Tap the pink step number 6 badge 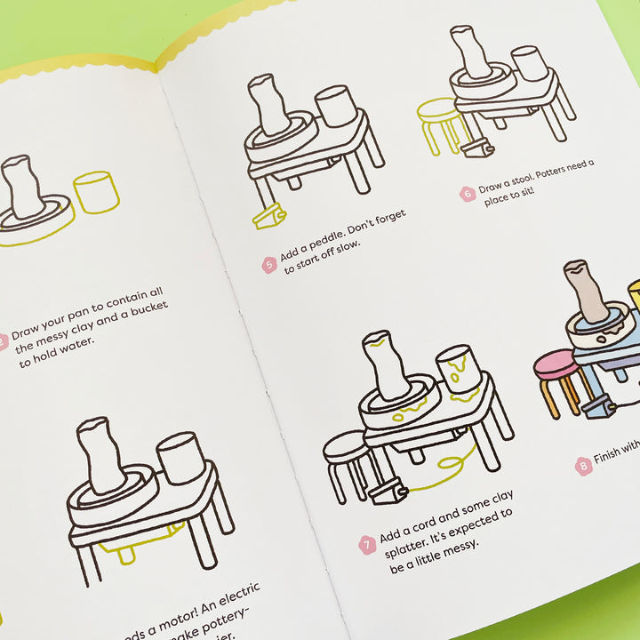467,193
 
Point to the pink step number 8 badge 583,463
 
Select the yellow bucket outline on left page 95,192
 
